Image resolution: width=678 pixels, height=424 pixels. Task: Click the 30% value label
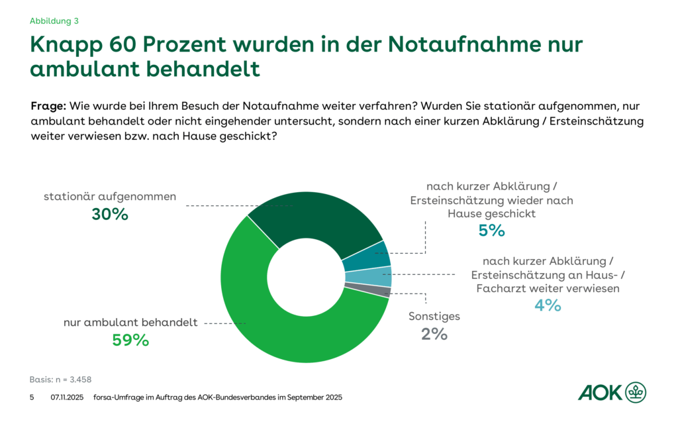tap(110, 214)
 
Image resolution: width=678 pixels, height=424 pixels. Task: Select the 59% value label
tap(130, 340)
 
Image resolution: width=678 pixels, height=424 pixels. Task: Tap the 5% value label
tap(491, 231)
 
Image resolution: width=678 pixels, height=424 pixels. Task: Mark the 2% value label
tap(434, 334)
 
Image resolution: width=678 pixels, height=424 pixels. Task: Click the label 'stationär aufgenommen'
tap(109, 196)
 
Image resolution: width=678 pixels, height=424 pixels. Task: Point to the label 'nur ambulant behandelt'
tap(130, 323)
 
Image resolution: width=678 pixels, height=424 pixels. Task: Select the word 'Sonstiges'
tap(434, 317)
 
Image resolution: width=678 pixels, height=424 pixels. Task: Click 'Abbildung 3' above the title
tap(54, 21)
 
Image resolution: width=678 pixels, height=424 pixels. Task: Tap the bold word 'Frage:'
tap(48, 106)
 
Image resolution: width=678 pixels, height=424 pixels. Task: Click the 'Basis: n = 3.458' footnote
tap(60, 380)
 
